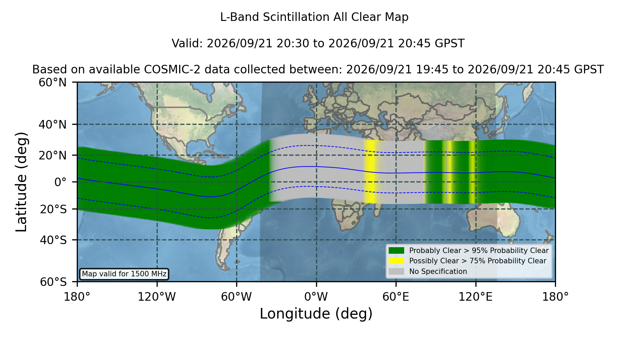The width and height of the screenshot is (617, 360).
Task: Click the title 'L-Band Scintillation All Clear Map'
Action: (x=314, y=17)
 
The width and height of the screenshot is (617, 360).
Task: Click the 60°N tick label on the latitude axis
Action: (x=53, y=83)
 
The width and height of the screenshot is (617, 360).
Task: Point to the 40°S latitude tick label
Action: (x=53, y=240)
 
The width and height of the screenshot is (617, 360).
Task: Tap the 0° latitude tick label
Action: (x=60, y=182)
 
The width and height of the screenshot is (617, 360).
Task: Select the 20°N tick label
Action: (x=53, y=155)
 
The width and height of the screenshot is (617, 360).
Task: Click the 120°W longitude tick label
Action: (x=157, y=297)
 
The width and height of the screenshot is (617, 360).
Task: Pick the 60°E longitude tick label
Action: (x=396, y=297)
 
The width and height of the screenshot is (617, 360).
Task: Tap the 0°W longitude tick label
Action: (x=316, y=297)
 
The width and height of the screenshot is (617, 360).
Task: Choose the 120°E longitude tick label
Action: (x=476, y=297)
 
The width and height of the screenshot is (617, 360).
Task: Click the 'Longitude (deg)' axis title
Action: (x=316, y=314)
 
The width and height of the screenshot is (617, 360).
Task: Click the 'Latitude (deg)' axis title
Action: (x=22, y=182)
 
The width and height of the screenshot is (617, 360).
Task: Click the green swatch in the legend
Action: (x=396, y=251)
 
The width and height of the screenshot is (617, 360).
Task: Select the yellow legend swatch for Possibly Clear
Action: (x=396, y=261)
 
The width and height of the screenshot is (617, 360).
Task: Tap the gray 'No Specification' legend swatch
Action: (x=396, y=272)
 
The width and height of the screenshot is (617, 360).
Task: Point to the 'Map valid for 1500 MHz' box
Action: (x=124, y=274)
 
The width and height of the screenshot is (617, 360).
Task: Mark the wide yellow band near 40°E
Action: (x=370, y=171)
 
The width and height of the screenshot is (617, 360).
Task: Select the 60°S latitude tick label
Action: (x=53, y=282)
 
